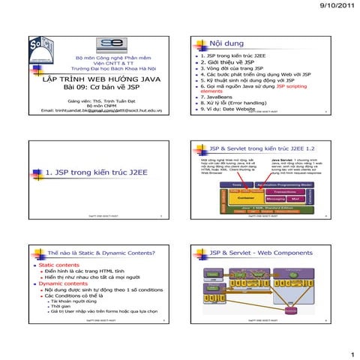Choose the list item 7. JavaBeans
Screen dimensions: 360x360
[x=219, y=97]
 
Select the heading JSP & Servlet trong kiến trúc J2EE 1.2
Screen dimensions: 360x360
[x=262, y=143]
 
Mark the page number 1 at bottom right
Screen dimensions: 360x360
[x=351, y=352]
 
